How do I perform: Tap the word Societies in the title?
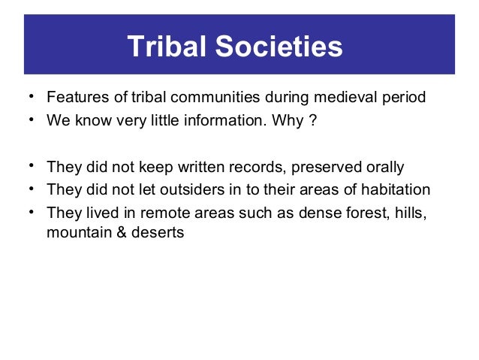point(279,47)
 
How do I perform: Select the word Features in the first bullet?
point(74,98)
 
